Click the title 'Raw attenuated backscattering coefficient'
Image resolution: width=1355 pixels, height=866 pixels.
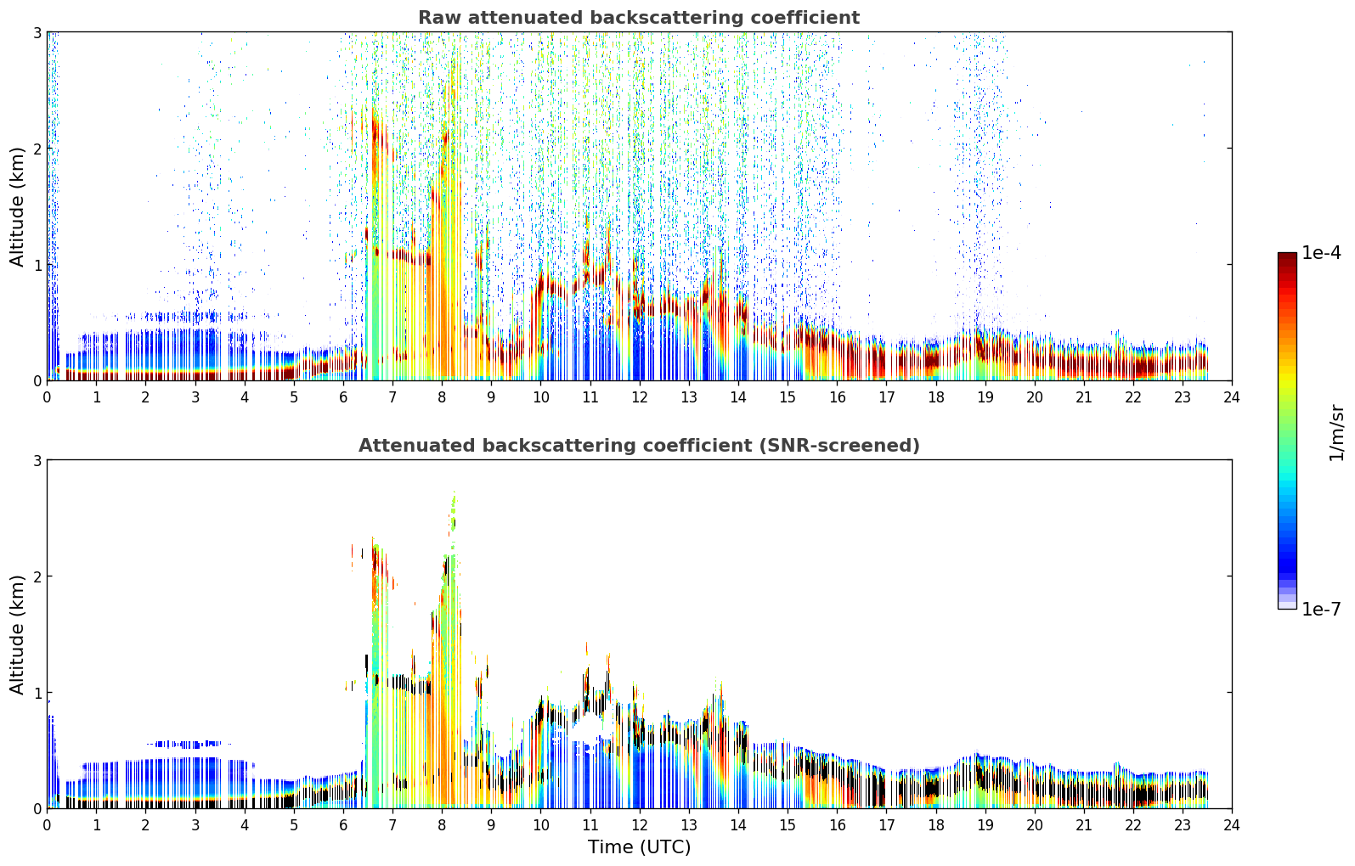639,18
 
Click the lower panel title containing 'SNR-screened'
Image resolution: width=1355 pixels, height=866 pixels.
639,446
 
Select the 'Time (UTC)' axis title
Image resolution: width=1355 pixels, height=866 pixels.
639,846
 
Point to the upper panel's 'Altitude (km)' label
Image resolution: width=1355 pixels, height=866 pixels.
17,207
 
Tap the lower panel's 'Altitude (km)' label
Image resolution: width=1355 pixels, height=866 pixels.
17,634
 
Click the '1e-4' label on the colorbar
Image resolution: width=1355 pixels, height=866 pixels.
1321,253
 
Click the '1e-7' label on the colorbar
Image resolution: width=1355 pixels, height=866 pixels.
1321,609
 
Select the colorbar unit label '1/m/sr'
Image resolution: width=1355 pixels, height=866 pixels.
1336,433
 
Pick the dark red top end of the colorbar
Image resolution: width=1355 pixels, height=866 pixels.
1287,256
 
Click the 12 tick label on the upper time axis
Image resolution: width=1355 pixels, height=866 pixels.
640,397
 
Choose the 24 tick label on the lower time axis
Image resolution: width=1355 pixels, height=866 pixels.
1232,825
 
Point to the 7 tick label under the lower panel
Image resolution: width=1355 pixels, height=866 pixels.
392,825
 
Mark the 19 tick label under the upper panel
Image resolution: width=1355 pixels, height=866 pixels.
985,397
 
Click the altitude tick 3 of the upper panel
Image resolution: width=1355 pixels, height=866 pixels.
37,32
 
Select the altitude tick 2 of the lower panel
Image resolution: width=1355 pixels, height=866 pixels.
37,576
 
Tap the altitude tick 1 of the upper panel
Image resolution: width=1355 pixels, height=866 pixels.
37,265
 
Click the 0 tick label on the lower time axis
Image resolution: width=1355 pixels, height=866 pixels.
48,825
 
